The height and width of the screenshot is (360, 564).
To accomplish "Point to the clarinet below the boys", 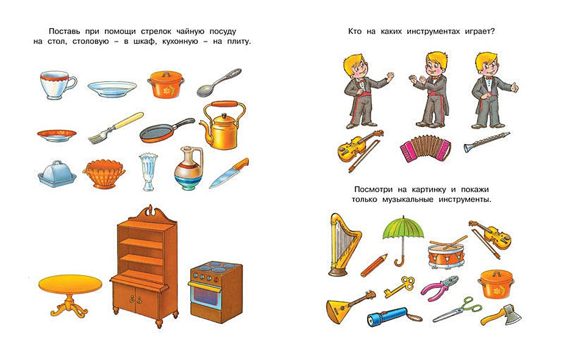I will [486, 142].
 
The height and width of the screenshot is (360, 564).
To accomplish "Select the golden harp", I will [342, 243].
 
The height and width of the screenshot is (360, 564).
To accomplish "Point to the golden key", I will [400, 286].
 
